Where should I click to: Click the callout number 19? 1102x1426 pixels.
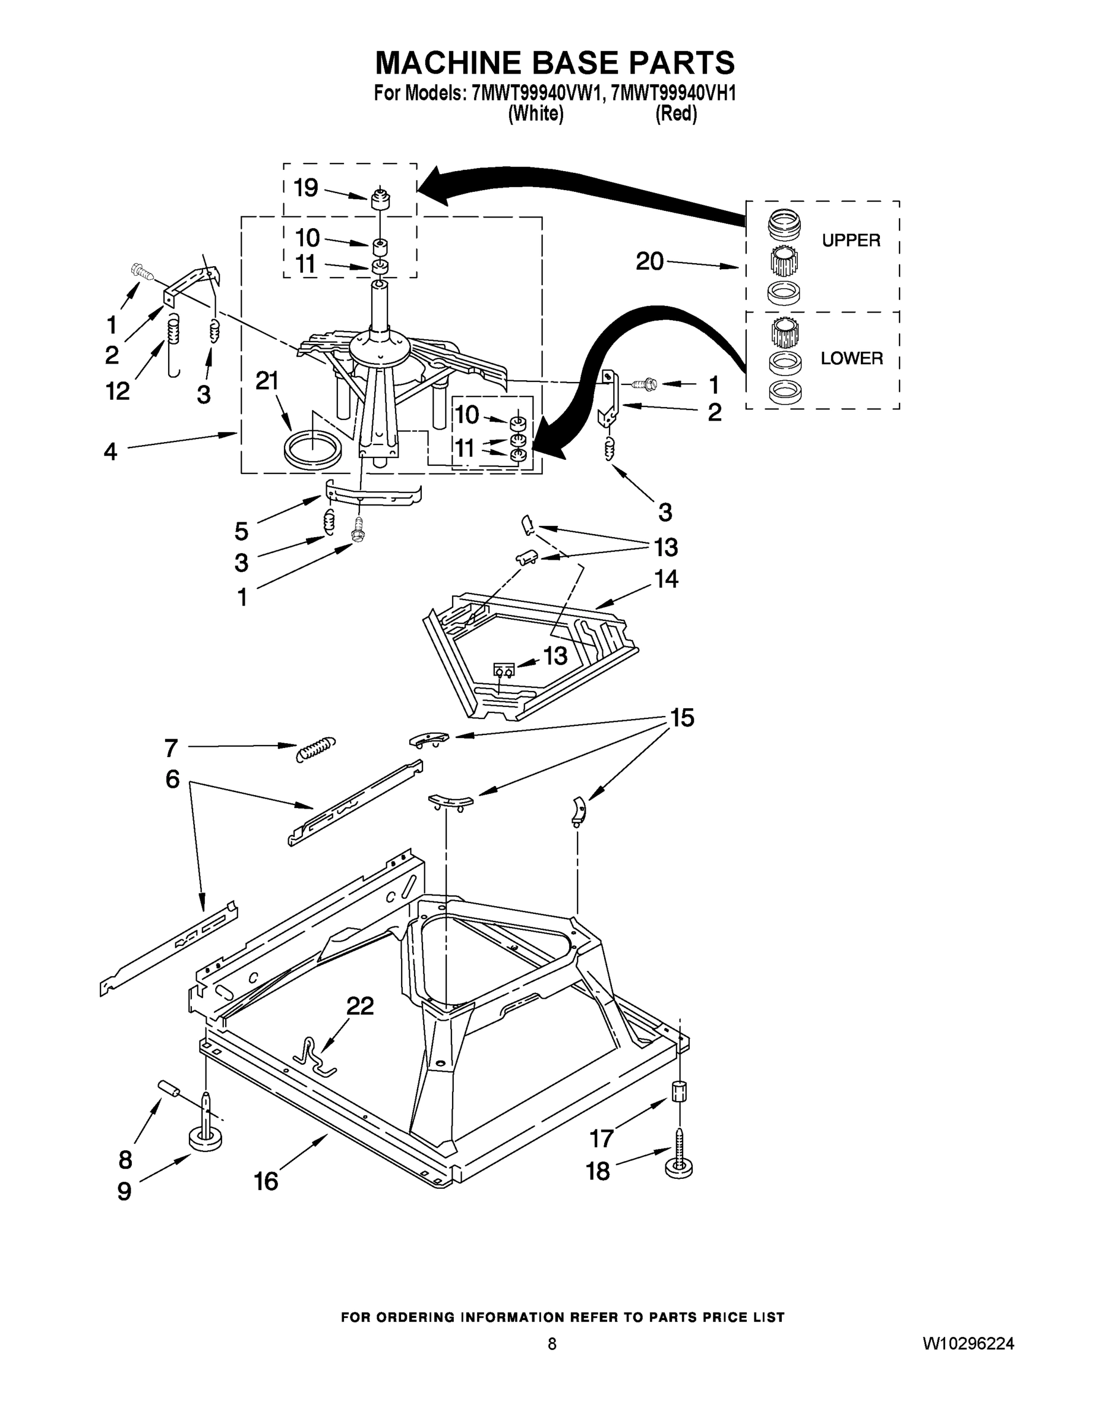click(305, 188)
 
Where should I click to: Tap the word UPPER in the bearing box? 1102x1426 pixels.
click(851, 240)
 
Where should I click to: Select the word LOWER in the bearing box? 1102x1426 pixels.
click(851, 358)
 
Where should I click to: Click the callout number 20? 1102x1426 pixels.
click(649, 262)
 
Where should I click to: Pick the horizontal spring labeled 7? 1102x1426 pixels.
click(316, 748)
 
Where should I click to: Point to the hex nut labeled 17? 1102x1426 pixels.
click(680, 1091)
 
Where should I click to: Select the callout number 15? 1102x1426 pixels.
click(681, 718)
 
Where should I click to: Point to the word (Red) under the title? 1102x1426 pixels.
click(675, 114)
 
